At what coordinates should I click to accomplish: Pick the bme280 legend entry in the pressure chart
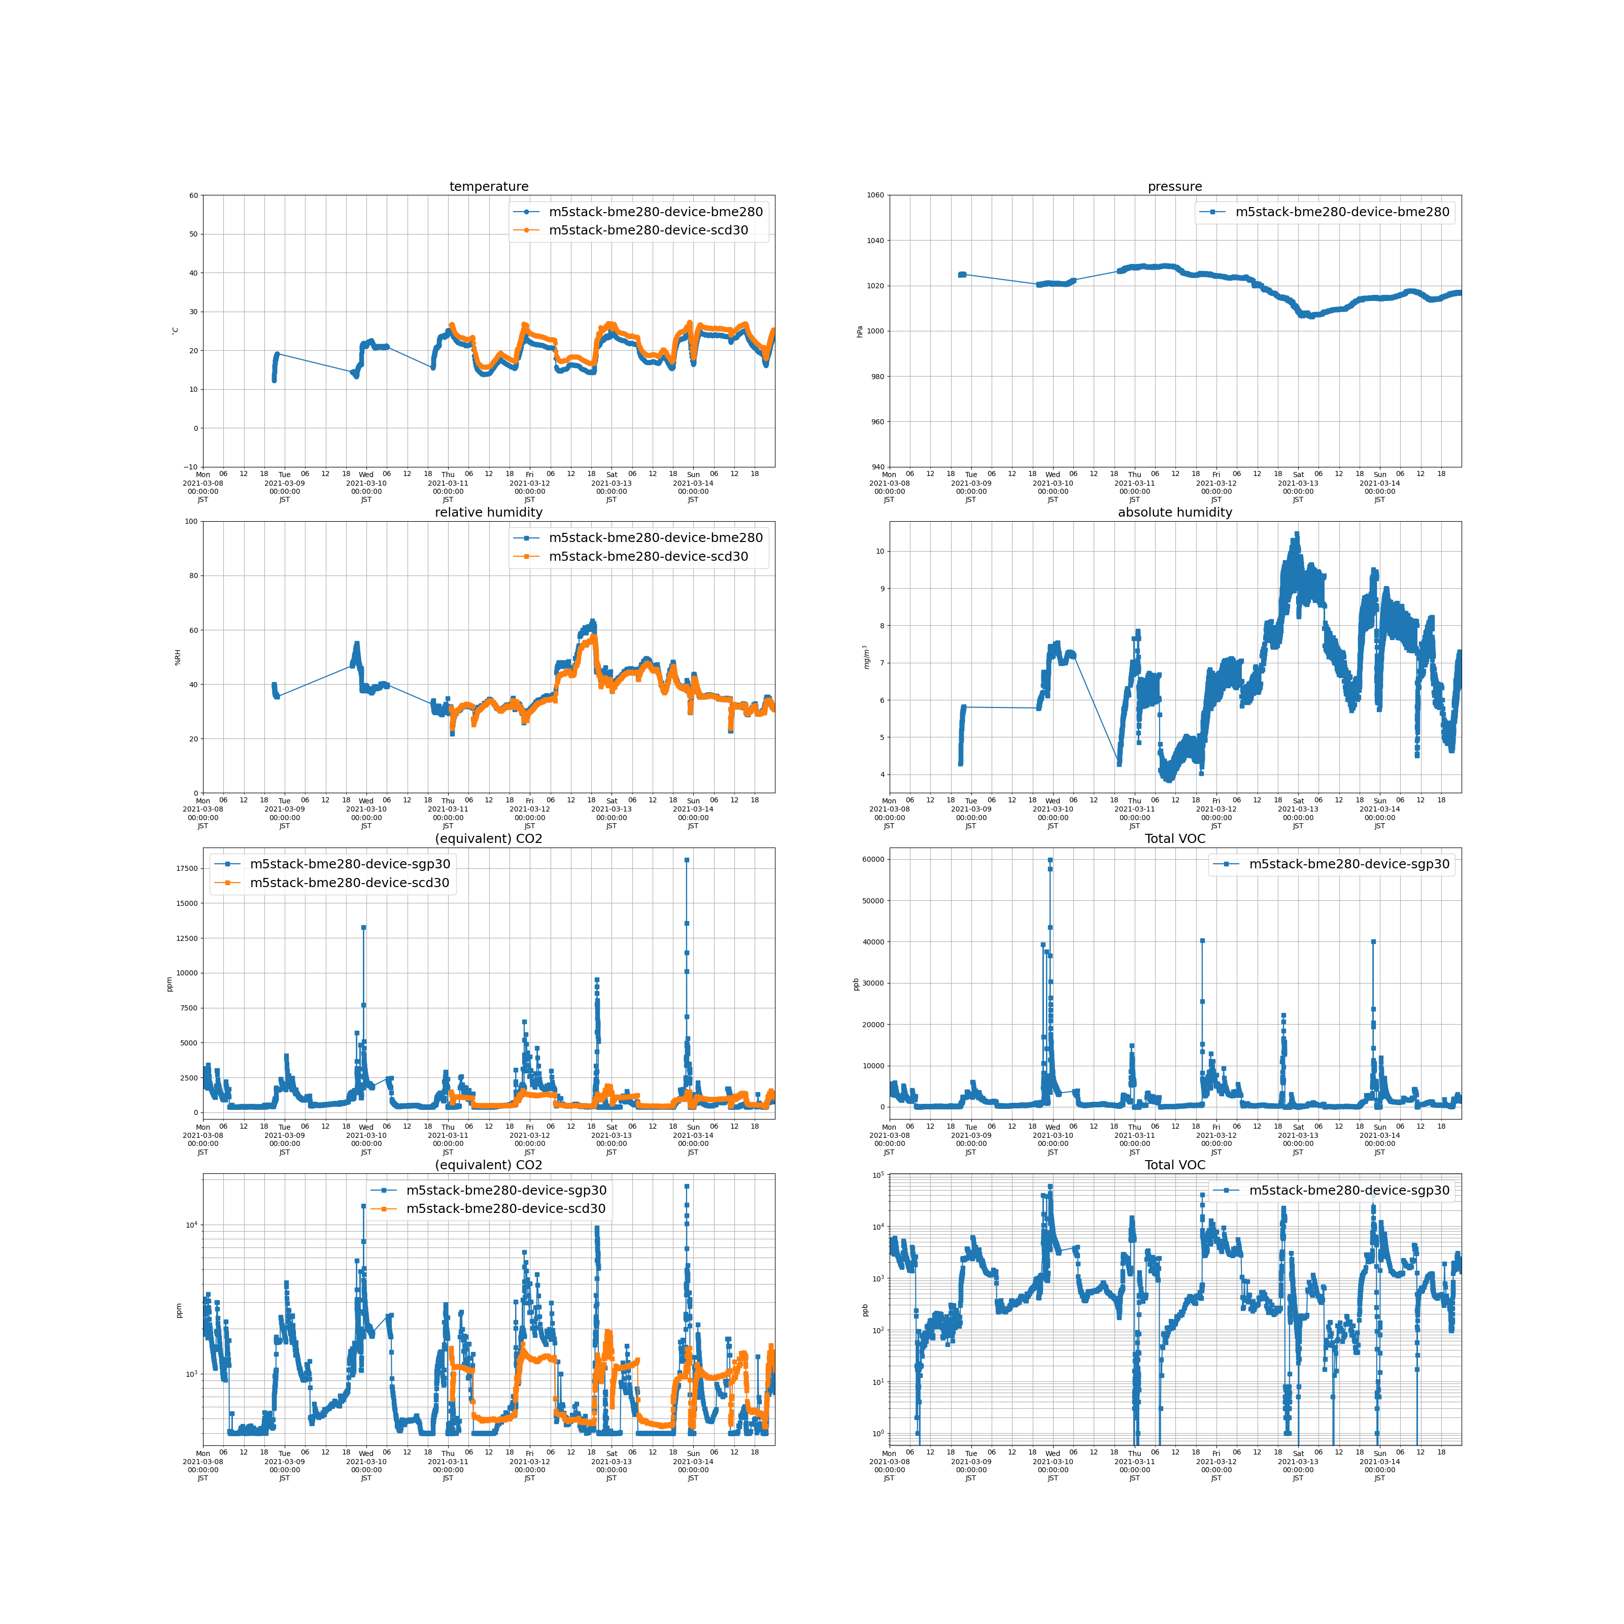coord(1341,212)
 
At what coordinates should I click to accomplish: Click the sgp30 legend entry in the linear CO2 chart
coord(350,864)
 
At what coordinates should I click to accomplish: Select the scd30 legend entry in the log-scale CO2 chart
coord(505,1209)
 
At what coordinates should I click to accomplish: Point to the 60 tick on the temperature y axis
coord(193,196)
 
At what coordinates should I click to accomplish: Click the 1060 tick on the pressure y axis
coord(875,196)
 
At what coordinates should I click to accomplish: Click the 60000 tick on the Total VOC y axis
coord(873,860)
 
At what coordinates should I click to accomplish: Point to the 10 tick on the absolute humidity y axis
coord(880,552)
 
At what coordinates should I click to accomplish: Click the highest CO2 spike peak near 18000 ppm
coord(687,860)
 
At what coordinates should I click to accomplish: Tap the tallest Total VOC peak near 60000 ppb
coord(1050,860)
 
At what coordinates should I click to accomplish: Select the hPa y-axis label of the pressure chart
coord(860,331)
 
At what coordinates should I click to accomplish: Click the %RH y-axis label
coord(177,657)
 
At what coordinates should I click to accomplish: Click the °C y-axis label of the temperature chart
coord(175,331)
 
